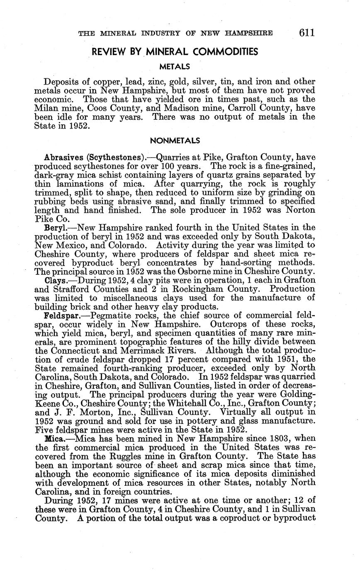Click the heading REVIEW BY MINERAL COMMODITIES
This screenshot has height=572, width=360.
pyautogui.click(x=175, y=52)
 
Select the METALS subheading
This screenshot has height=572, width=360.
pyautogui.click(x=175, y=66)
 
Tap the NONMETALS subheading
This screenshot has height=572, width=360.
pyautogui.click(x=175, y=141)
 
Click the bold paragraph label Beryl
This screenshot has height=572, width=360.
pyautogui.click(x=55, y=228)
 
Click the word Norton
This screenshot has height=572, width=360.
pyautogui.click(x=299, y=210)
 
